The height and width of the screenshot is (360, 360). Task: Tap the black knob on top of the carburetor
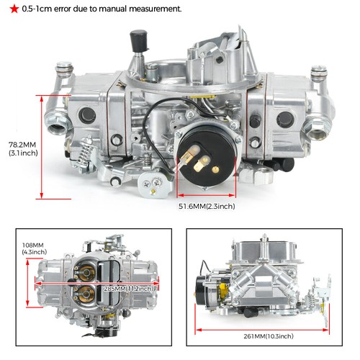pyautogui.click(x=139, y=37)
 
